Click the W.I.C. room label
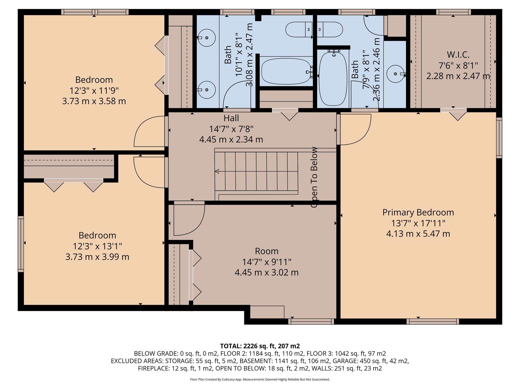click(x=458, y=55)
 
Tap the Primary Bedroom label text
click(x=418, y=213)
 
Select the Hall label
click(x=231, y=118)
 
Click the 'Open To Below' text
click(x=314, y=177)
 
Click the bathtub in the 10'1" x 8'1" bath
click(x=286, y=71)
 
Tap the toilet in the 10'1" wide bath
click(x=299, y=29)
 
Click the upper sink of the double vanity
click(x=207, y=38)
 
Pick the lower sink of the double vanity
click(x=207, y=90)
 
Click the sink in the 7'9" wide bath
click(x=395, y=74)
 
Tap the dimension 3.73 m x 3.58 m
click(x=94, y=101)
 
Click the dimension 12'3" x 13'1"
click(x=97, y=246)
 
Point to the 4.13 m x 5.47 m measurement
click(x=418, y=234)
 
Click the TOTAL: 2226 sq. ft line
click(x=260, y=346)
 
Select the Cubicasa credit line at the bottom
click(x=260, y=380)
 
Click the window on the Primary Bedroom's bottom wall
click(x=433, y=322)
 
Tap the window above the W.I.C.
click(x=453, y=12)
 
